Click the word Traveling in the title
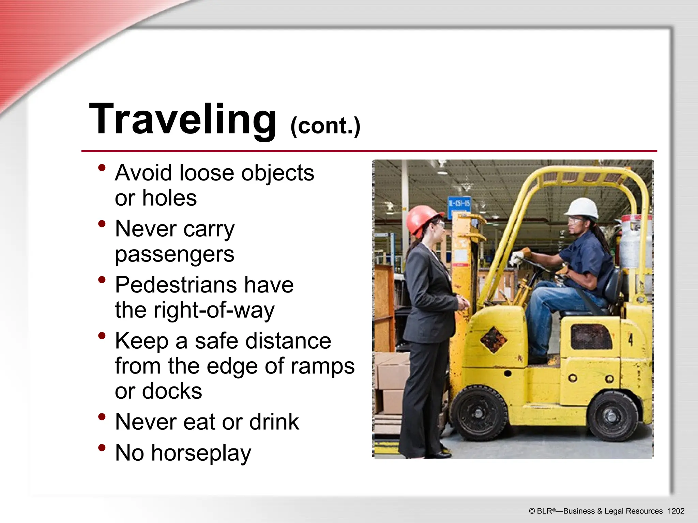(183, 119)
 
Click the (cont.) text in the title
(325, 126)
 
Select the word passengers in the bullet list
(174, 254)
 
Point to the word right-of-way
(214, 310)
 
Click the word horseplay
(201, 453)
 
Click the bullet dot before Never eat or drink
(102, 417)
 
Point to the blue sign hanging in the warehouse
(459, 204)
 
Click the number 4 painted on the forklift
(631, 339)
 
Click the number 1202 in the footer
(676, 511)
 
